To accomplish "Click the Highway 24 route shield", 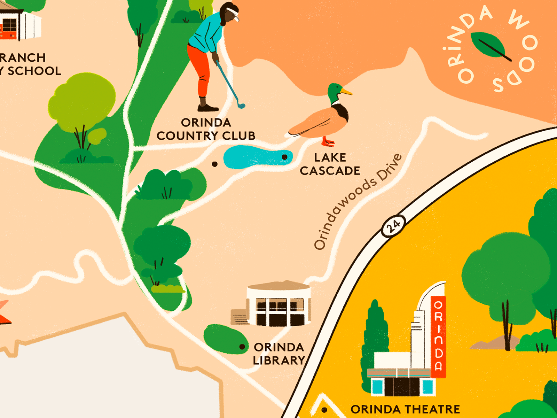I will tap(394, 226).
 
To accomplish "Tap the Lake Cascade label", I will tap(330, 164).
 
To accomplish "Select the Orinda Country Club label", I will tap(206, 129).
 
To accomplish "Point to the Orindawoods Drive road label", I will tap(358, 202).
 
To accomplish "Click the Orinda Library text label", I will tap(279, 354).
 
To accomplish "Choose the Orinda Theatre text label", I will tap(405, 409).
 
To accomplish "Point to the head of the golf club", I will tap(241, 105).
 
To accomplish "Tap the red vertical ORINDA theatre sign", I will tap(438, 336).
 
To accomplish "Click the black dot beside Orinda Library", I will tap(242, 347).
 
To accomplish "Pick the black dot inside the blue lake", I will tap(284, 157).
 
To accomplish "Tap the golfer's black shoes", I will tap(208, 108).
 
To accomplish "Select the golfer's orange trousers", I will tap(200, 70).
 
